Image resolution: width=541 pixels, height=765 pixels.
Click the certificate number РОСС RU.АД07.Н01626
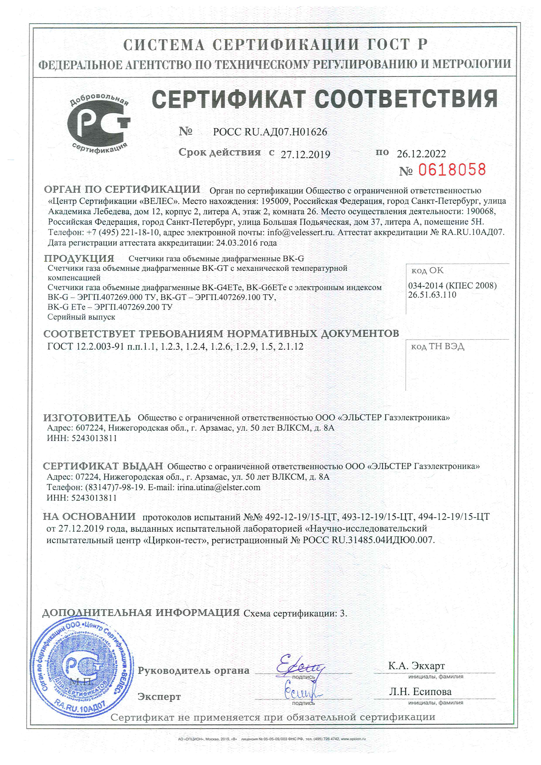(270, 132)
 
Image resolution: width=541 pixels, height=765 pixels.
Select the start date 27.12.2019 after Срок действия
(305, 154)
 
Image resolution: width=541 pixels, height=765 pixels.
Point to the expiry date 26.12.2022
(421, 154)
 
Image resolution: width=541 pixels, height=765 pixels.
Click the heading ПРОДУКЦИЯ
(79, 258)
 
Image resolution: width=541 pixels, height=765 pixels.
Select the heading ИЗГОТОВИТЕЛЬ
(87, 418)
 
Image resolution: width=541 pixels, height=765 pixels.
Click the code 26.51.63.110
(432, 295)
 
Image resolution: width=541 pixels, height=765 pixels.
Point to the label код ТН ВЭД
(437, 347)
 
